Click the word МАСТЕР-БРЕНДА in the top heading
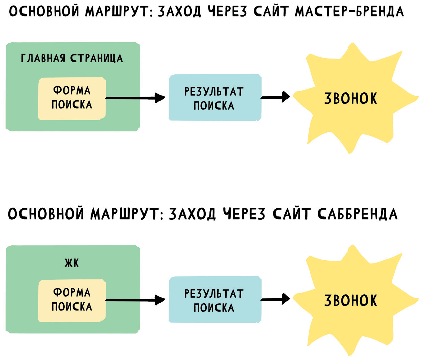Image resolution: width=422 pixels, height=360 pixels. (349, 12)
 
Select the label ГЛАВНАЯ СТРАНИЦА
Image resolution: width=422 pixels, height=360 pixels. (72, 58)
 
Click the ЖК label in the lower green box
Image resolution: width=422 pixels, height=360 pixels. (72, 263)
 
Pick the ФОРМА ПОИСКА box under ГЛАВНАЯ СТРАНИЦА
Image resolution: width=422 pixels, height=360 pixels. (72, 98)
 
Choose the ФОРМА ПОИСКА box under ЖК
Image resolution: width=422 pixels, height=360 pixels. (72, 301)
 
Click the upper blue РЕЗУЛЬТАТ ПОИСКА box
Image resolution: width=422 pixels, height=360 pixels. (215, 97)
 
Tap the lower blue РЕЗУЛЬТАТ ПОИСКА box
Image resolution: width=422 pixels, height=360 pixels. (215, 300)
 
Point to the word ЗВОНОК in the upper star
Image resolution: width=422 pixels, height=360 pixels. (351, 98)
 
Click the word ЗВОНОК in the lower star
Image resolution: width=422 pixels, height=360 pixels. (351, 301)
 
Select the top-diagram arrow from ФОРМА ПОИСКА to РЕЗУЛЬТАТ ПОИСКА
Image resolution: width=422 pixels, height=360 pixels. (135, 98)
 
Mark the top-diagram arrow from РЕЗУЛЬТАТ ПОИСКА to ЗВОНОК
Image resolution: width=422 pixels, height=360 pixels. (275, 97)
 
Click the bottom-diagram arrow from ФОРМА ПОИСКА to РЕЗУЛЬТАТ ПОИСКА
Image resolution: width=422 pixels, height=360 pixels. (135, 300)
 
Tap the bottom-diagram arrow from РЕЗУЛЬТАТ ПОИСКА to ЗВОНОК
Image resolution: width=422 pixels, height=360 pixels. (275, 299)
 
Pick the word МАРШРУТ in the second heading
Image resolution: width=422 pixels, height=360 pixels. (125, 214)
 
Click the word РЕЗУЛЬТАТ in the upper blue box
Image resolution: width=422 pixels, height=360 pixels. (214, 92)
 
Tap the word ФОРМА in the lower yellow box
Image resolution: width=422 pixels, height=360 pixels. (72, 293)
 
